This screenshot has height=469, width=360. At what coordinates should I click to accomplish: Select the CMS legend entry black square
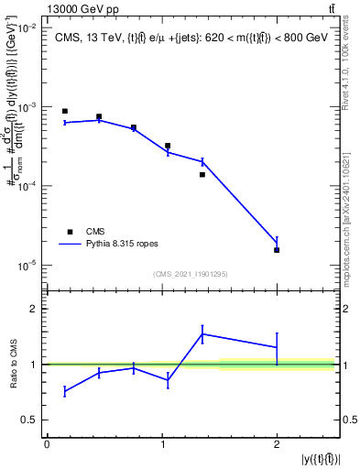point(69,232)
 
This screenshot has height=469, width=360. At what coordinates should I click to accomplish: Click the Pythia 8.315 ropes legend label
point(128,245)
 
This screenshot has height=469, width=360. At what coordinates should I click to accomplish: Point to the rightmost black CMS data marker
point(277,250)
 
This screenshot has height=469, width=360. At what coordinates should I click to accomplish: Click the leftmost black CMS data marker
point(65,111)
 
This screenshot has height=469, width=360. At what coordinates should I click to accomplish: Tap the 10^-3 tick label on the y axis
point(29,107)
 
